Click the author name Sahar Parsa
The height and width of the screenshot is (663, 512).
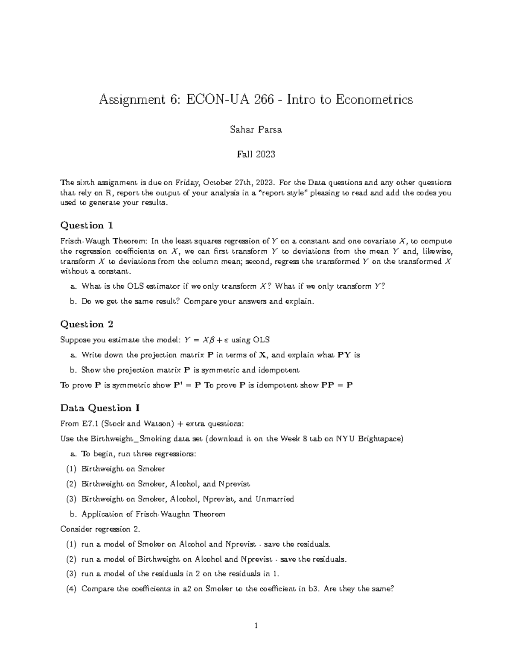tap(256, 130)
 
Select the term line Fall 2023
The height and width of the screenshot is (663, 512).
tap(256, 154)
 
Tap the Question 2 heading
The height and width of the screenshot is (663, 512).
tap(87, 324)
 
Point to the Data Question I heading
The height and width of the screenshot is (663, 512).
tap(100, 408)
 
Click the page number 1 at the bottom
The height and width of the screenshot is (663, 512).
tap(256, 626)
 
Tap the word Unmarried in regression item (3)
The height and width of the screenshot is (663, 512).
tap(275, 499)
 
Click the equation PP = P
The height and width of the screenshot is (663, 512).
tap(337, 385)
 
